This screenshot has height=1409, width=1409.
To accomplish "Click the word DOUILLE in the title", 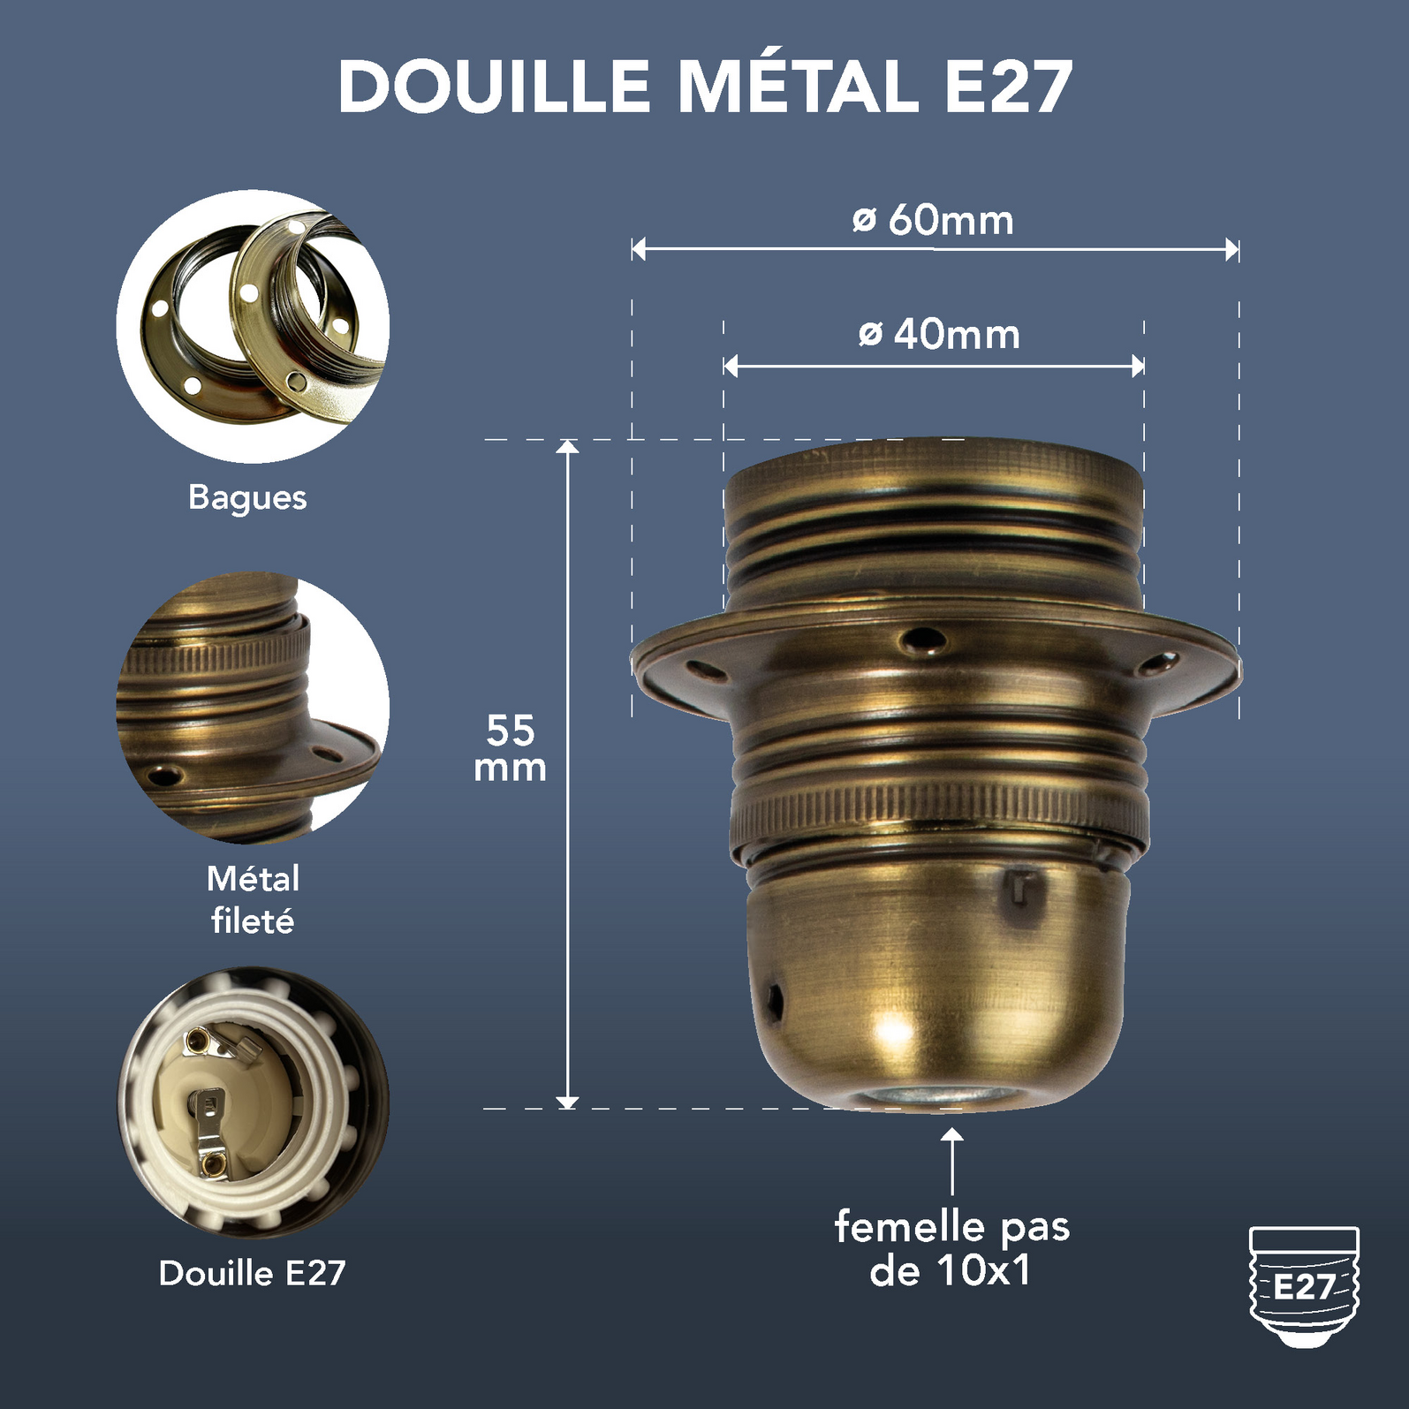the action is point(494,87).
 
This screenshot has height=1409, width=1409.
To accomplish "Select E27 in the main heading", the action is point(1009,87).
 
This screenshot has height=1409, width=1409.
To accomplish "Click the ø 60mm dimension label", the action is point(933,220).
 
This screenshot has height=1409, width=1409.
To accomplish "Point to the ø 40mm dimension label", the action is point(939,334).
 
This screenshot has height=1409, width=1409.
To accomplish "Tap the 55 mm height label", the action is point(511,748).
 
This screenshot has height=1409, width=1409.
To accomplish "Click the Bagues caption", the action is point(247,497).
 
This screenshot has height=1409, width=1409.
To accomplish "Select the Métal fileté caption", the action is point(253,899).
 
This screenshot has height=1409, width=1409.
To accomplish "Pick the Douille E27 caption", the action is point(253,1273).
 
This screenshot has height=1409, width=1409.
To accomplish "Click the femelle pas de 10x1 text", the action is point(951,1248).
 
